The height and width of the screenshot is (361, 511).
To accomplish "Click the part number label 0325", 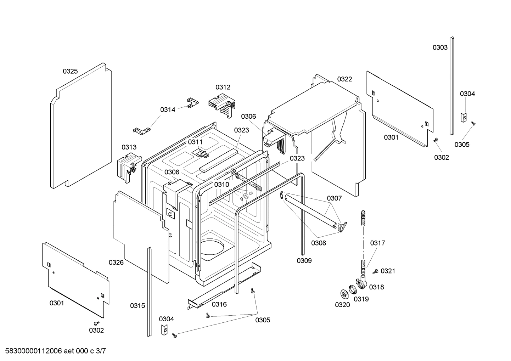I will [70, 71].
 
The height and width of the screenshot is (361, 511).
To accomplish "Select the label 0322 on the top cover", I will [344, 79].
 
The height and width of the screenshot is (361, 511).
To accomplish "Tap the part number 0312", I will [223, 87].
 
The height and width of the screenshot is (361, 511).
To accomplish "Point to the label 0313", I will [129, 147].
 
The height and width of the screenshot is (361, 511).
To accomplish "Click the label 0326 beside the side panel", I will [116, 262].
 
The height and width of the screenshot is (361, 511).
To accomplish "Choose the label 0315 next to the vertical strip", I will [137, 305].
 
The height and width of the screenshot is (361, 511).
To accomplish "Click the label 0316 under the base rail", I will [219, 304].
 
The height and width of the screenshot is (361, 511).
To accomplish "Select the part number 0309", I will [304, 261].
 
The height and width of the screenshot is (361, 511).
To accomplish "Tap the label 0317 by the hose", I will [377, 243].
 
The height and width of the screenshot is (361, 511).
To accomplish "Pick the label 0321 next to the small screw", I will [388, 271].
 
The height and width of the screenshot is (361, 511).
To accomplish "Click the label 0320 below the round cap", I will [342, 305].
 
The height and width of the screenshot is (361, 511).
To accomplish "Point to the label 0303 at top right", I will [440, 47].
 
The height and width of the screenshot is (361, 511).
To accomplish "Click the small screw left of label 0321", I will [375, 272].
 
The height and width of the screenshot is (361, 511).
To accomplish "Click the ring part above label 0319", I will [353, 289].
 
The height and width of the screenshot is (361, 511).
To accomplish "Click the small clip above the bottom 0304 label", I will [164, 329].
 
